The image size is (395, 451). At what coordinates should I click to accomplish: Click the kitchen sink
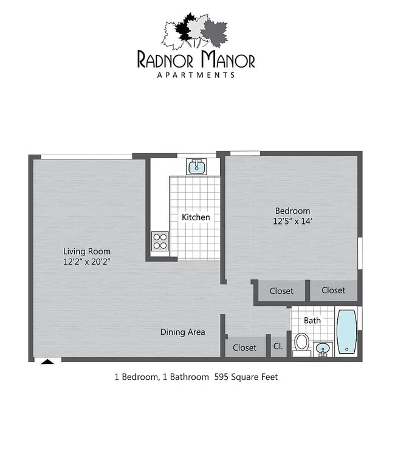click(196, 166)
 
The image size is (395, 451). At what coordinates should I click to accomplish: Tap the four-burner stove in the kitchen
click(160, 241)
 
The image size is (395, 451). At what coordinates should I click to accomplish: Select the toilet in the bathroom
click(301, 343)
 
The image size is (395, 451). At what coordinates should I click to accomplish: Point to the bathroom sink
click(323, 349)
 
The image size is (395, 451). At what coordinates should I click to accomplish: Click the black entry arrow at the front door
click(47, 361)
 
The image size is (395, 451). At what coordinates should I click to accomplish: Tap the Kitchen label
click(196, 217)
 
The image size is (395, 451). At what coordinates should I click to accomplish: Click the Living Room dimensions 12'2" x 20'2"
click(87, 262)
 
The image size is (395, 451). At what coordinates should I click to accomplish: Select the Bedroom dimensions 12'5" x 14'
click(292, 222)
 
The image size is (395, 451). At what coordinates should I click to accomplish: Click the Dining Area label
click(182, 332)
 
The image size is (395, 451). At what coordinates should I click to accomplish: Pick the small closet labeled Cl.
click(278, 347)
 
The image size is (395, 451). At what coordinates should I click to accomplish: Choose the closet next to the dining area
click(244, 348)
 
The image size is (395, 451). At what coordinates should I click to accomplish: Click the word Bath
click(312, 320)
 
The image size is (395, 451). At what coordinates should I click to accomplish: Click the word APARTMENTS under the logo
click(196, 75)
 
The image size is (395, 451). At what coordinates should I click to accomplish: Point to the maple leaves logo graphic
click(194, 30)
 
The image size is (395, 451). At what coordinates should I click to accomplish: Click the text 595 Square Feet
click(245, 377)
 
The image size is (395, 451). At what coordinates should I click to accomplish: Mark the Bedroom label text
click(292, 211)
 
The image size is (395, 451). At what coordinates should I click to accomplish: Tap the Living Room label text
click(87, 251)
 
